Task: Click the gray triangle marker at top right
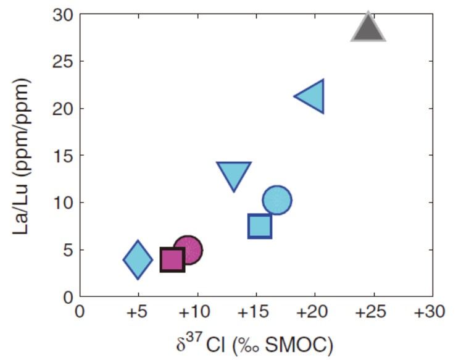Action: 368,29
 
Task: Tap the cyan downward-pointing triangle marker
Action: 234,175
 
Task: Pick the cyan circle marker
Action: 276,200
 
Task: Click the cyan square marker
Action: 260,226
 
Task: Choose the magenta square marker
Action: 172,259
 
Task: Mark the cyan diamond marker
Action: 138,260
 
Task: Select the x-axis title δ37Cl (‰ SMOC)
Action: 254,341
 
